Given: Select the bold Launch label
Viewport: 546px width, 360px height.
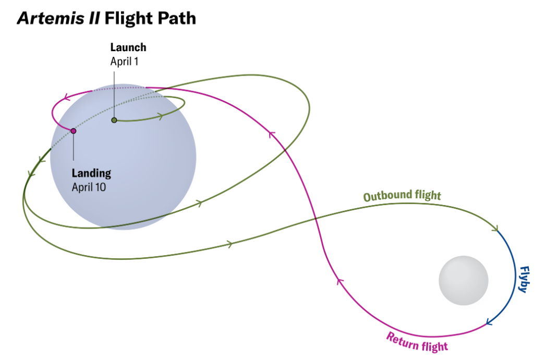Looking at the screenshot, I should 128,47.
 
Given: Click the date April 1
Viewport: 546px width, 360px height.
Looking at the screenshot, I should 125,61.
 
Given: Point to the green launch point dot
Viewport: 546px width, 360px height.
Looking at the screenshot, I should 114,120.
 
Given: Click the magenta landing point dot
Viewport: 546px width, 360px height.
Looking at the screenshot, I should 74,131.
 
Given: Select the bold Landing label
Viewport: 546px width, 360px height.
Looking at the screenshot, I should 91,174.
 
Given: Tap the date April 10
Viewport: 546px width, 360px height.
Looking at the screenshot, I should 89,187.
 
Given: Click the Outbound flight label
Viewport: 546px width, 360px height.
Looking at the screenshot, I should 402,196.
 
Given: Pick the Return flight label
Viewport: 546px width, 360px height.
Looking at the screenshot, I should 417,341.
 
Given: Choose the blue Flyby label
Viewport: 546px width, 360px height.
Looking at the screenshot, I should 524,279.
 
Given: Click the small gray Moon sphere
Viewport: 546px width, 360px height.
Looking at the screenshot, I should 464,280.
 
